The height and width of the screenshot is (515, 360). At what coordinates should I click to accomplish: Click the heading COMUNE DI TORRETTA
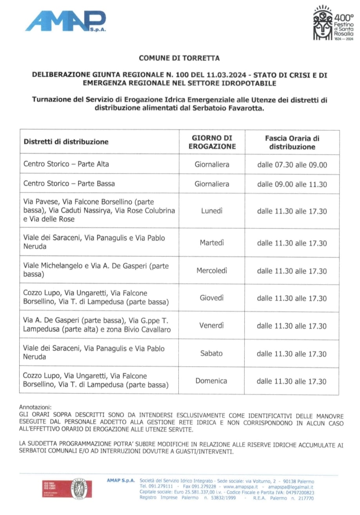(179, 58)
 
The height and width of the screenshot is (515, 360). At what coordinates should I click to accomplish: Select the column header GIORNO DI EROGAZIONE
(212, 142)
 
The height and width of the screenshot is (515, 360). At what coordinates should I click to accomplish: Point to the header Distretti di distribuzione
(66, 142)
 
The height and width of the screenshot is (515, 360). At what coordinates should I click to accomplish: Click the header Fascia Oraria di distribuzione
(292, 142)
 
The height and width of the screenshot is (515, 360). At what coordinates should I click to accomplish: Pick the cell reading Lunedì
(212, 211)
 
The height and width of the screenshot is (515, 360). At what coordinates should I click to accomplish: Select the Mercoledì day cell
(212, 270)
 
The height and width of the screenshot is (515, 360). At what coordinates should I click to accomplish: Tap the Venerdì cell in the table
(212, 325)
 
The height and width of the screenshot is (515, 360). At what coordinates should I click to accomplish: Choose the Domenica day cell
(212, 380)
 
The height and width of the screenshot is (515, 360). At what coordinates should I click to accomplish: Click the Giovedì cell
(212, 298)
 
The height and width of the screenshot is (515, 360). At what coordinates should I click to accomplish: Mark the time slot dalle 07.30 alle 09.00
(292, 165)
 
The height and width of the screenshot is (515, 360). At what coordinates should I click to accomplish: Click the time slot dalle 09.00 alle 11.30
(292, 184)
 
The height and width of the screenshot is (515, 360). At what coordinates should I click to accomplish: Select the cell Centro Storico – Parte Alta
(66, 164)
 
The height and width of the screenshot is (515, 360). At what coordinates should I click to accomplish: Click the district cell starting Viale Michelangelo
(96, 270)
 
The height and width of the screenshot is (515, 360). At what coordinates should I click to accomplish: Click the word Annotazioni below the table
(35, 407)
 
